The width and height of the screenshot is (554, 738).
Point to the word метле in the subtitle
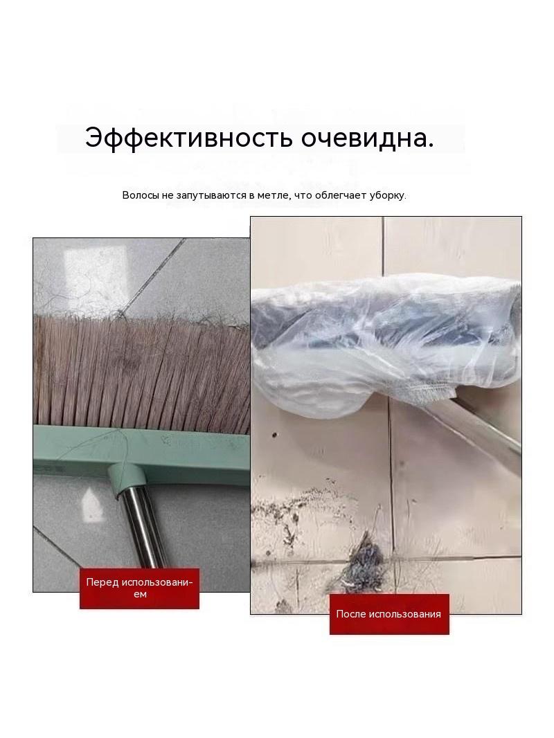[272, 195]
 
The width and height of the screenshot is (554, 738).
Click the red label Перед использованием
[139, 588]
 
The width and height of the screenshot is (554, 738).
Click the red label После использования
[388, 614]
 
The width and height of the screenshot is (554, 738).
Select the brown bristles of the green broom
[141, 370]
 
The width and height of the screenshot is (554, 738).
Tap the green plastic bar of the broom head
[141, 444]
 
